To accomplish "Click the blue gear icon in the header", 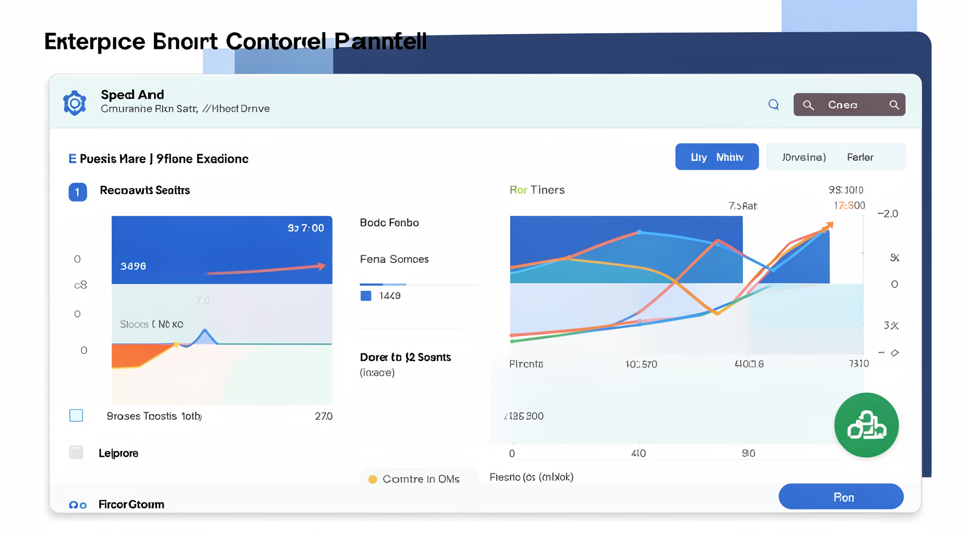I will tap(75, 103).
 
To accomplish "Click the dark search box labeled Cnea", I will tap(849, 104).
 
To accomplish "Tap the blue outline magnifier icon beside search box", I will tap(774, 104).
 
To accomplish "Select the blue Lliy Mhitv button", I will tap(716, 157).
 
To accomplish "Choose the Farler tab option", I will tap(860, 157).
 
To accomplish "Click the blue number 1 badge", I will tap(77, 192).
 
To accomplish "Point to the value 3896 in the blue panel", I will tap(133, 266).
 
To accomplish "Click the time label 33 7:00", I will tap(306, 228).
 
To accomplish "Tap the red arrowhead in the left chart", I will tap(321, 266).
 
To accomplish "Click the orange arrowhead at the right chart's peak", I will tap(829, 225).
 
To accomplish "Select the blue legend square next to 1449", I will tap(366, 296).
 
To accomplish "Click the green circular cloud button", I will tap(866, 425).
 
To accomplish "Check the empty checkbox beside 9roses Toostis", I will tap(76, 416).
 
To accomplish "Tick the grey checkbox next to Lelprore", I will tap(76, 453).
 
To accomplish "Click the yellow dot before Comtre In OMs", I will tap(373, 479).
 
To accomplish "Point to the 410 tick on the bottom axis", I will tap(638, 453).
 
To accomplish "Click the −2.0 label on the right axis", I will tap(888, 214).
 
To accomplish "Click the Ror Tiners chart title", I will tap(537, 190).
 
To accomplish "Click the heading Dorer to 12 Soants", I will tap(405, 357).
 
